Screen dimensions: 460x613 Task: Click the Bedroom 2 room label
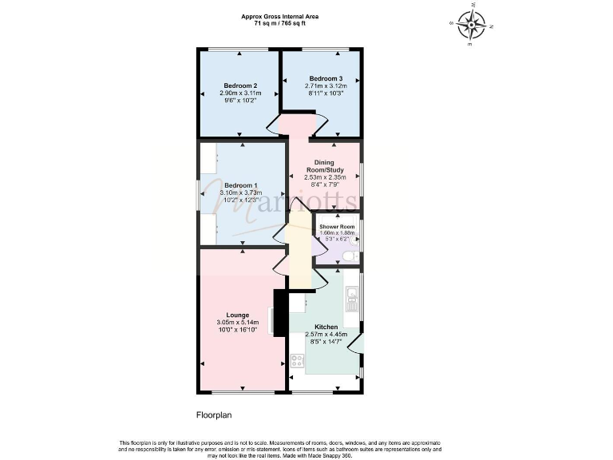239,85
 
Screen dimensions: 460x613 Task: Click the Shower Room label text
335,226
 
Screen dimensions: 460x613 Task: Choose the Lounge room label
237,315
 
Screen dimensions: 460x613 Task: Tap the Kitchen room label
326,327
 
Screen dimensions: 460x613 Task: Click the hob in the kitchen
297,360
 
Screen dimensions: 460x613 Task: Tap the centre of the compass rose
472,25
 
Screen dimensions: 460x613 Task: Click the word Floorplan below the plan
213,415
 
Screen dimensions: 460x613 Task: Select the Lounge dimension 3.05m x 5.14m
237,322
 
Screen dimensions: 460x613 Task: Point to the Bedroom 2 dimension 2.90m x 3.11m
239,93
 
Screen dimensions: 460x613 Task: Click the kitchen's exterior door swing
356,343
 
